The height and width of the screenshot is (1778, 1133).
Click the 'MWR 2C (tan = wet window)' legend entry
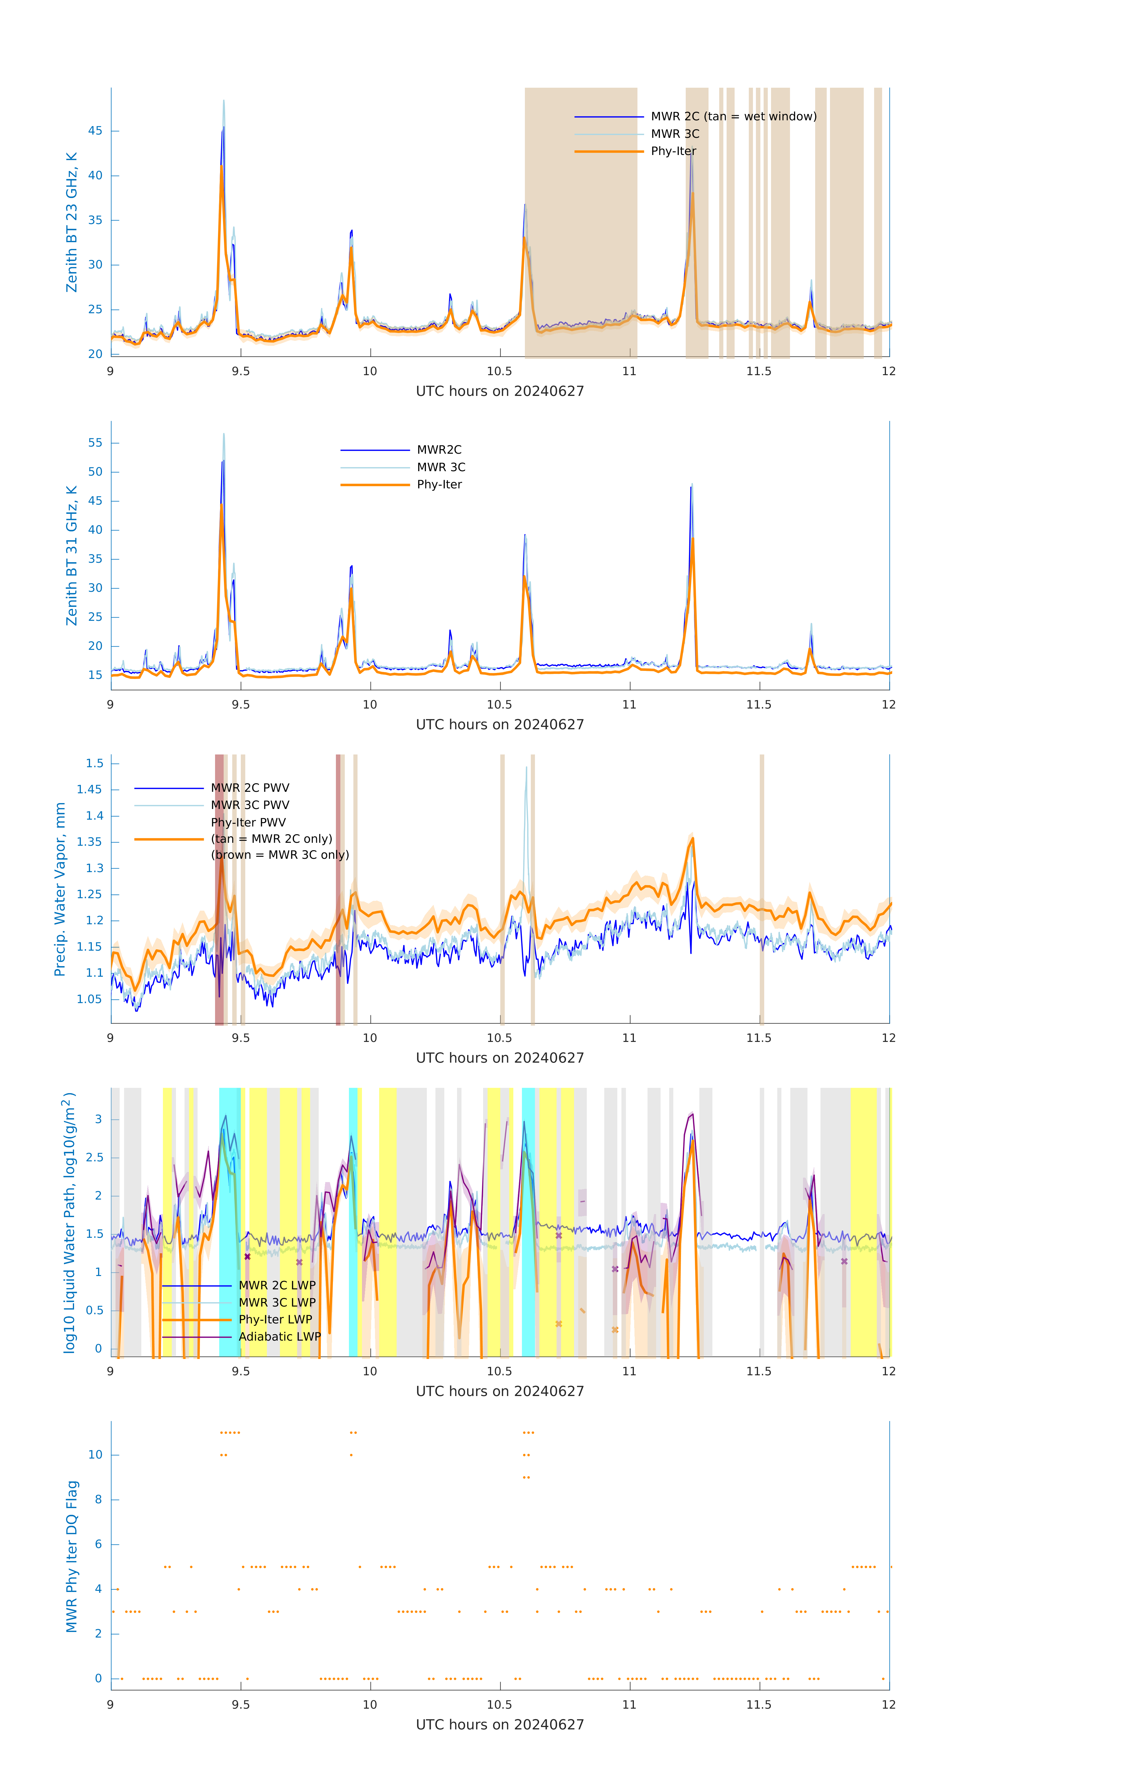tap(733, 117)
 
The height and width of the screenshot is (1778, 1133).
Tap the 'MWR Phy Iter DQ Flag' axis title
tap(72, 1556)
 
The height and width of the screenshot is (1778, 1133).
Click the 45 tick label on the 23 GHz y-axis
tap(95, 132)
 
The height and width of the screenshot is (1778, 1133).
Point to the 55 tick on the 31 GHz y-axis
tap(95, 443)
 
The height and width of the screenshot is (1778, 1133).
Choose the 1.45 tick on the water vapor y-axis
tap(89, 790)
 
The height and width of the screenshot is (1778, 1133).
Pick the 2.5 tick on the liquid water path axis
tap(94, 1158)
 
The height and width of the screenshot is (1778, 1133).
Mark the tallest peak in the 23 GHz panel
tap(224, 101)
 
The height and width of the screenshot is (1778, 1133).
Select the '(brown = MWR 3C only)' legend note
tap(280, 855)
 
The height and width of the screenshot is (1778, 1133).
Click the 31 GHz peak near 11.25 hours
tap(692, 486)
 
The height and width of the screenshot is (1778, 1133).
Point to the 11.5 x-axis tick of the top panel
tap(759, 371)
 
